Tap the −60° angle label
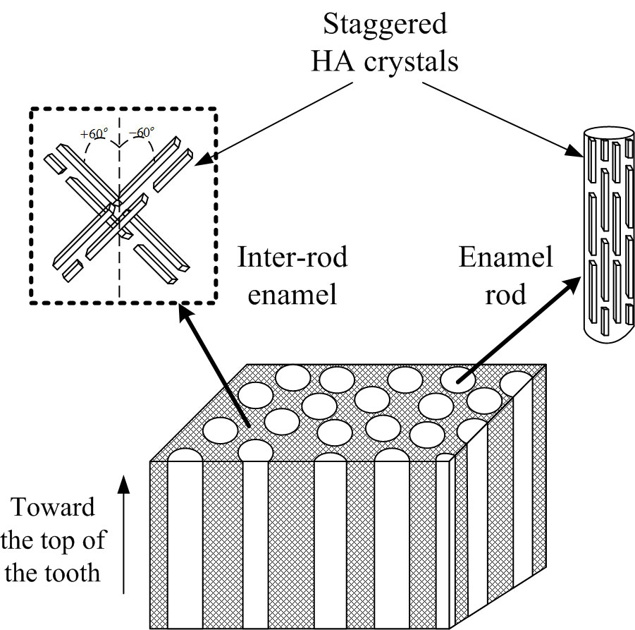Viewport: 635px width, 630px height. pos(142,132)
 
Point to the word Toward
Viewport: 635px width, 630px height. pos(54,507)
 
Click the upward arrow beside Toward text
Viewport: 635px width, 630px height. pos(125,536)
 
